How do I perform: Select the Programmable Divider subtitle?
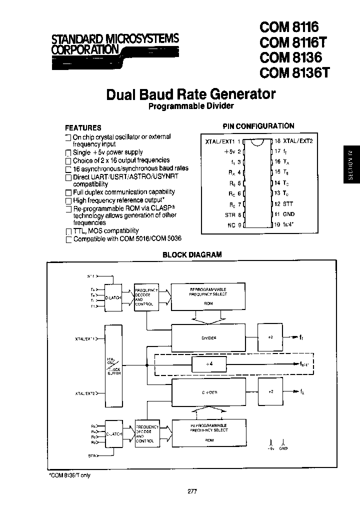tap(191, 106)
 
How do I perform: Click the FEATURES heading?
tap(83, 127)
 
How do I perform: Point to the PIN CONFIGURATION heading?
tap(258, 126)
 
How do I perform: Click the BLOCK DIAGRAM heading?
tap(192, 254)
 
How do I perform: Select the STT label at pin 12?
tap(288, 203)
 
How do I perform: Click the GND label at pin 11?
tap(288, 214)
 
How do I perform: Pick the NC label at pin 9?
tap(231, 225)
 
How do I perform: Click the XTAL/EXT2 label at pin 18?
tap(297, 141)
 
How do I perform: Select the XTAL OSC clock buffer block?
tap(113, 366)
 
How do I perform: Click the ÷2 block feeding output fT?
tap(270, 337)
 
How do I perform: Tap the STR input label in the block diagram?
tap(91, 456)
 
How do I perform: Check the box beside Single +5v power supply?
tap(68, 153)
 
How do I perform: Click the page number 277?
tap(192, 491)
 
